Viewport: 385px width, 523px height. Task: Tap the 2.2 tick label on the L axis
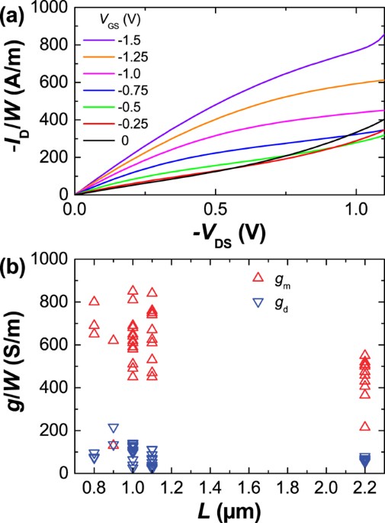tap(364, 487)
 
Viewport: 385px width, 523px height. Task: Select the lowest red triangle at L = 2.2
tap(364, 426)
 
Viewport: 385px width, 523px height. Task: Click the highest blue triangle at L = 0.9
tap(114, 428)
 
